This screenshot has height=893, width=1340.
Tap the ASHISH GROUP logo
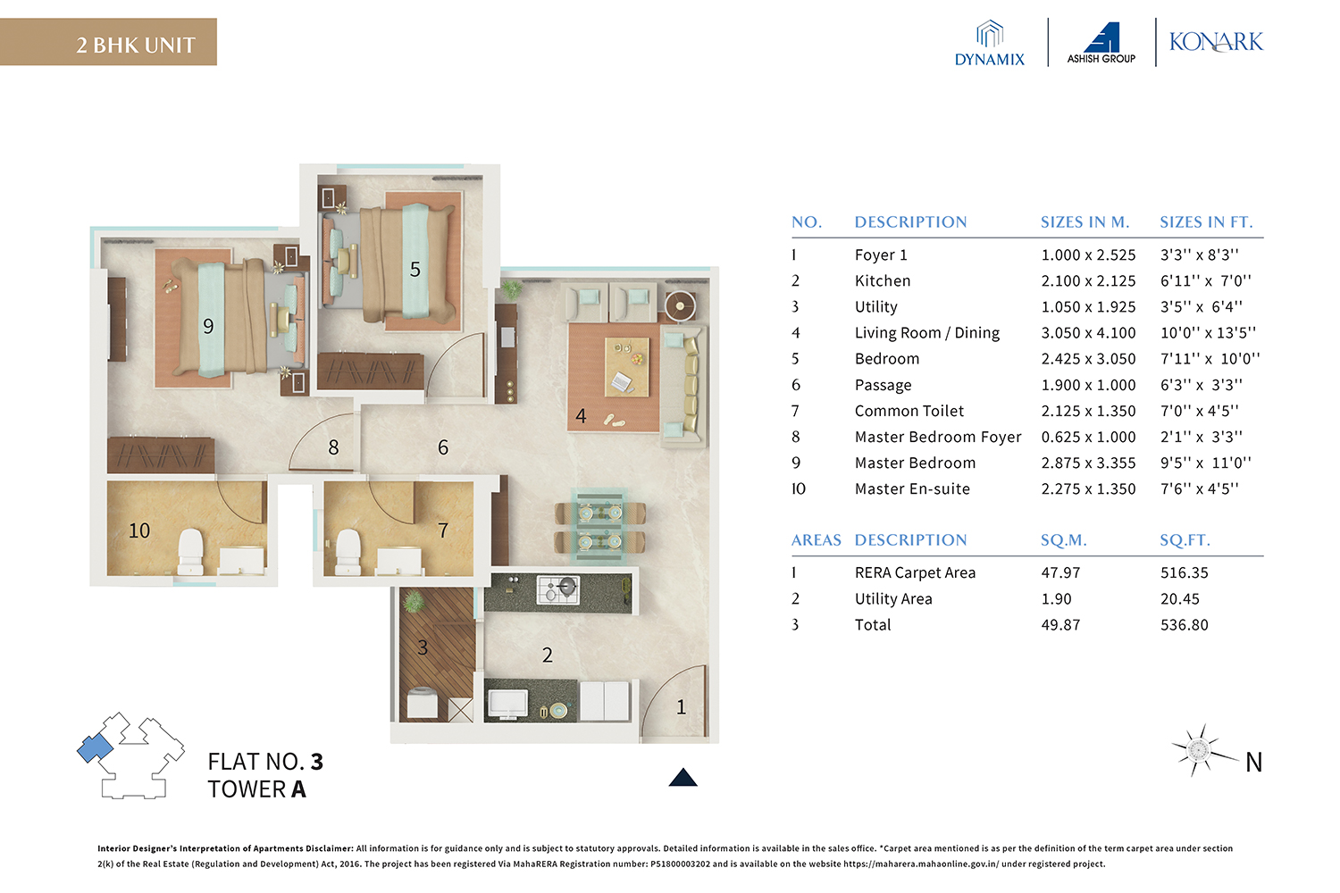(x=1101, y=44)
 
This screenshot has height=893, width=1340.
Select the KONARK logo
(x=1216, y=42)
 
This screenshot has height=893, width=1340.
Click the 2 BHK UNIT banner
(x=108, y=42)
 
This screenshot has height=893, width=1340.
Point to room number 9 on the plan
(x=208, y=327)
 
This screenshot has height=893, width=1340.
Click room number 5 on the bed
(x=415, y=270)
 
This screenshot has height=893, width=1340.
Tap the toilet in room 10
(x=190, y=551)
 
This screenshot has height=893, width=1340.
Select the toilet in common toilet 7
(x=347, y=551)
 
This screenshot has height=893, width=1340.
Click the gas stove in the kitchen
(x=558, y=589)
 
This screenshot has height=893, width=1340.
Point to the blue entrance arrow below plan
(x=683, y=778)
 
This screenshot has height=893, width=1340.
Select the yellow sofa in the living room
(x=689, y=383)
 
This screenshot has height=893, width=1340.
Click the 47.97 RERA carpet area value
(x=1060, y=573)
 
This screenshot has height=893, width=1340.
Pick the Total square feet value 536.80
(x=1184, y=625)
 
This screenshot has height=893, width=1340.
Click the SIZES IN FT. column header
(x=1206, y=222)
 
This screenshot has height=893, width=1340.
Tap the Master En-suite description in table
(x=912, y=489)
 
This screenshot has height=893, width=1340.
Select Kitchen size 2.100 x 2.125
(x=1088, y=281)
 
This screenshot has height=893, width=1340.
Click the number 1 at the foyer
(x=681, y=707)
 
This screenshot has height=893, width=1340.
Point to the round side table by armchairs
(x=680, y=305)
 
